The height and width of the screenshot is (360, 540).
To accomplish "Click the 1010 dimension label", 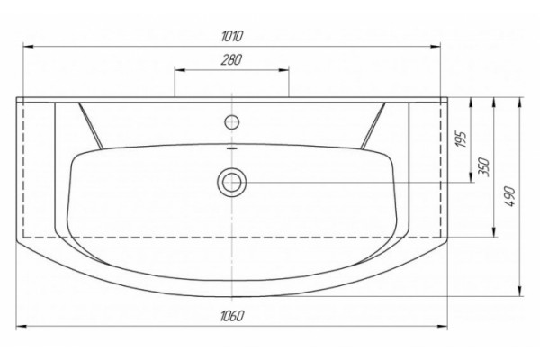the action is [x=232, y=36].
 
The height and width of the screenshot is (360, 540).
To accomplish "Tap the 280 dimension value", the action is [x=231, y=60].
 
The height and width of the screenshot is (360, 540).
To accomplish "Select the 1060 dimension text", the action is [x=232, y=316].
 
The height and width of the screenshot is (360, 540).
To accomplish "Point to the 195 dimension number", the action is [x=462, y=139].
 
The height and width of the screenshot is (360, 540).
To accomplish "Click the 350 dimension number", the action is [x=484, y=167].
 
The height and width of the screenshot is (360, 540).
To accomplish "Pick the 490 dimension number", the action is [x=510, y=197].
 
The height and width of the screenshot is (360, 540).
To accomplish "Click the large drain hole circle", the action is [x=232, y=182].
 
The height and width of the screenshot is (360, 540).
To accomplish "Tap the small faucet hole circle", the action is [x=232, y=122].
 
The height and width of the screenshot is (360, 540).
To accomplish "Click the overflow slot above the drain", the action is [x=232, y=148].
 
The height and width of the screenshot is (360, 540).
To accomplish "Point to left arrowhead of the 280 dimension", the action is [x=179, y=70].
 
